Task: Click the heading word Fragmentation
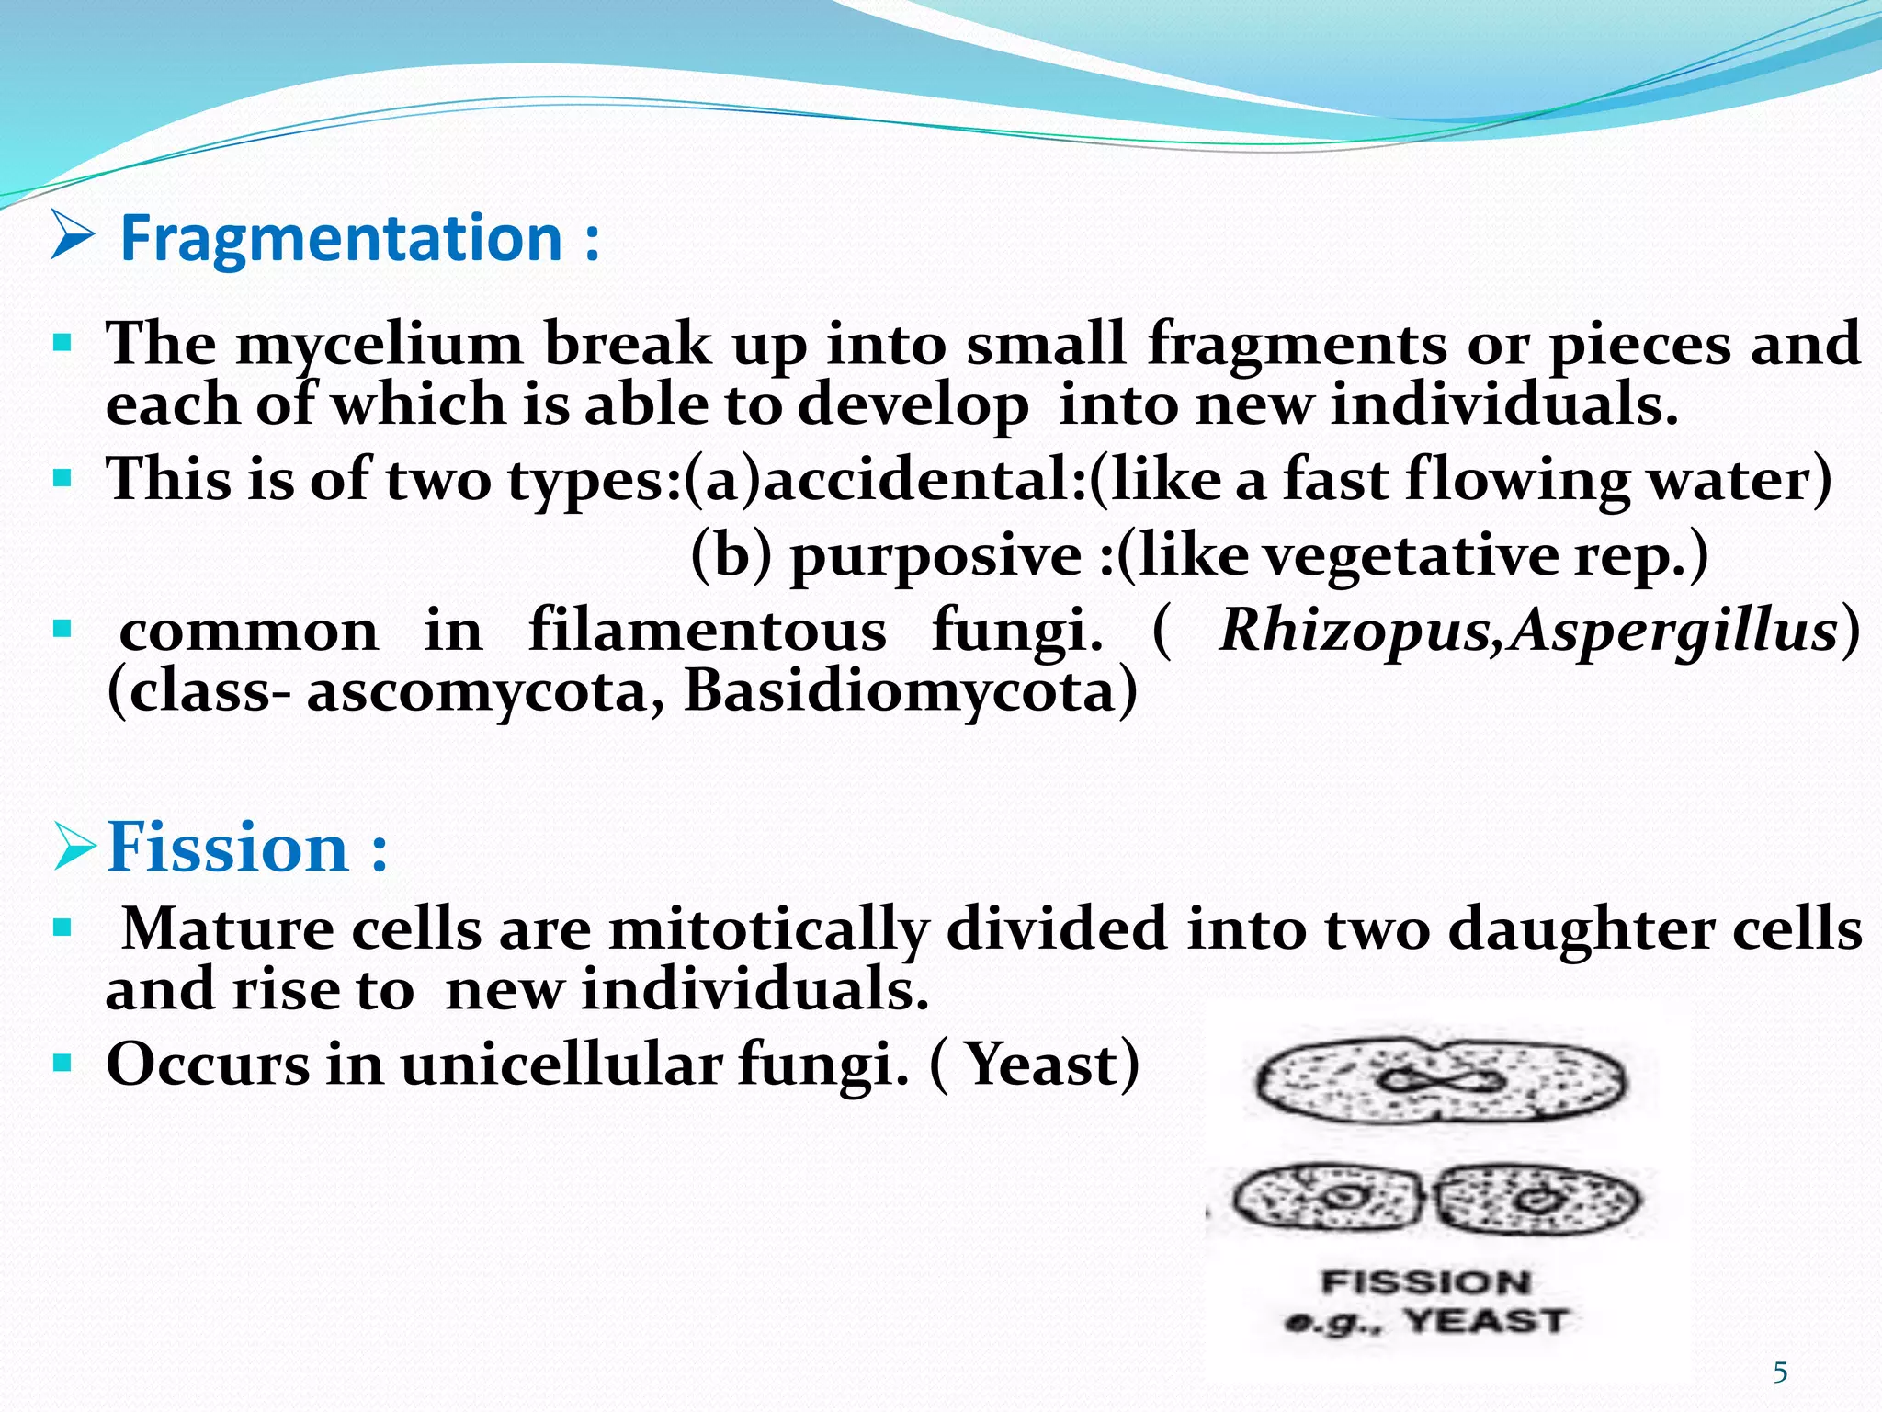point(341,238)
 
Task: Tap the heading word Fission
point(228,847)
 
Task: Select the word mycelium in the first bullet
point(379,346)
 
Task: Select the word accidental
point(924,481)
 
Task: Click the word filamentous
point(708,632)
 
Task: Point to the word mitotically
point(768,929)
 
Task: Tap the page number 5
point(1780,1372)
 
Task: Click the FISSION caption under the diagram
point(1425,1282)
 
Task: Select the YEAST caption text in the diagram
point(1485,1322)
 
